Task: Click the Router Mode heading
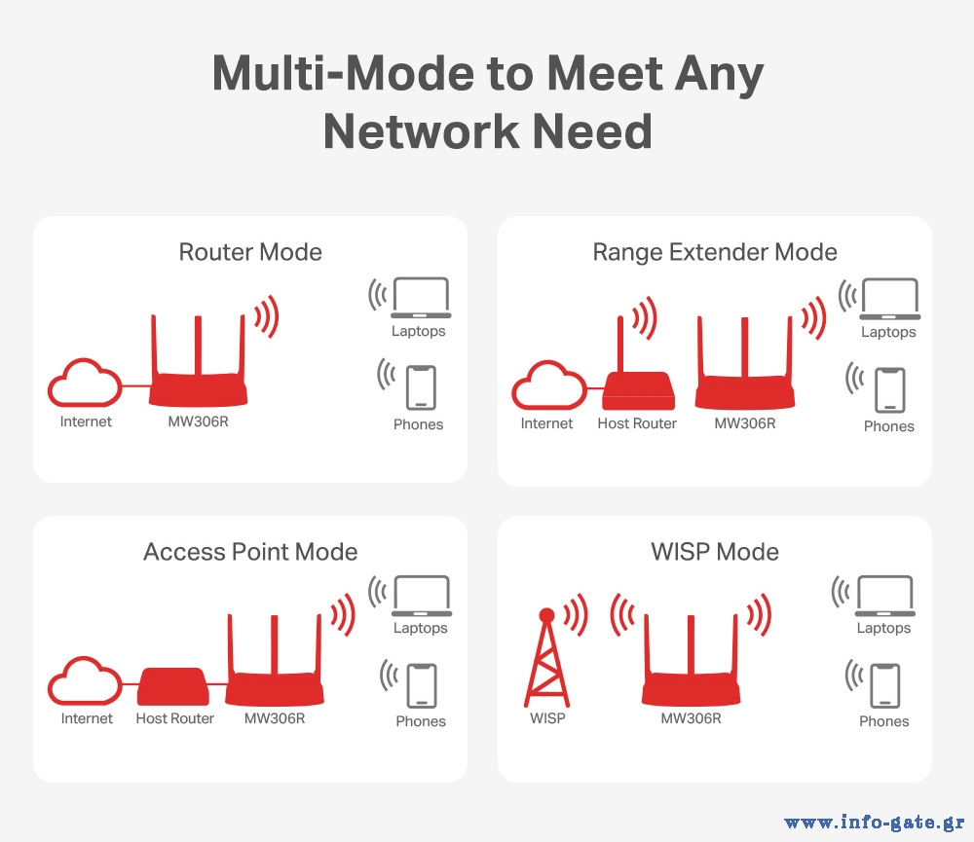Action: [x=250, y=252]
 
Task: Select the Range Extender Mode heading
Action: [x=715, y=253]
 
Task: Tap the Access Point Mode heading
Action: [x=250, y=551]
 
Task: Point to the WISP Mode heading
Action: [x=715, y=551]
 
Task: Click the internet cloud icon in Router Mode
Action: [x=85, y=383]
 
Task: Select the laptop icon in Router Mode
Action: [x=421, y=298]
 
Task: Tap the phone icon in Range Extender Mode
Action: [x=890, y=390]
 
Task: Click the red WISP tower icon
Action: [x=546, y=657]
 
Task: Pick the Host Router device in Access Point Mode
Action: [x=173, y=686]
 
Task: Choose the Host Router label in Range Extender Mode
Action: [x=637, y=423]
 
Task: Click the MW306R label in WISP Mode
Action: [x=691, y=718]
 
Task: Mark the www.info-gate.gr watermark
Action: [x=875, y=823]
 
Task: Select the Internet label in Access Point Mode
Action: [x=87, y=718]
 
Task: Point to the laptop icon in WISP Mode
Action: [x=885, y=596]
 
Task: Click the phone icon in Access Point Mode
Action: [x=422, y=685]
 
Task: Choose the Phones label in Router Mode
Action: [x=419, y=424]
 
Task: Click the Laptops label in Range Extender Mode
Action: [x=888, y=332]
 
